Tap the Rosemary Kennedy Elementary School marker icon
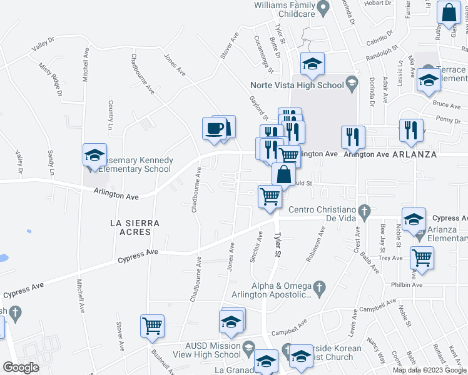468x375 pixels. click(x=94, y=156)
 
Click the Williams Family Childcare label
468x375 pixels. click(x=283, y=9)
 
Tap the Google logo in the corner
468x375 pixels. click(x=21, y=367)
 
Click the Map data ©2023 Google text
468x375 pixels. click(x=430, y=370)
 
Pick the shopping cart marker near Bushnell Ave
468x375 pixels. click(x=152, y=326)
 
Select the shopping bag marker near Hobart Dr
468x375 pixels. click(x=449, y=13)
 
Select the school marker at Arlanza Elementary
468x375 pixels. click(x=414, y=220)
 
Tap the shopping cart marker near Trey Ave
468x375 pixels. click(x=422, y=257)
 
